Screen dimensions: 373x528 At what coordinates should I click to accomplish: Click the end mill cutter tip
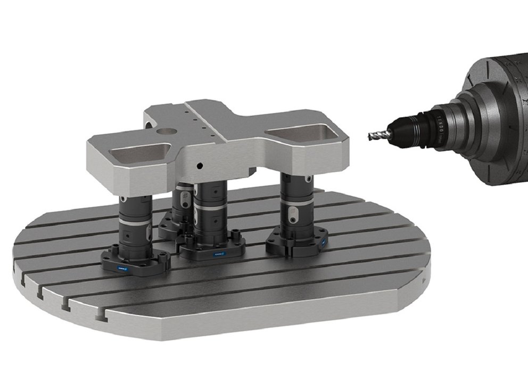point(372,137)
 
